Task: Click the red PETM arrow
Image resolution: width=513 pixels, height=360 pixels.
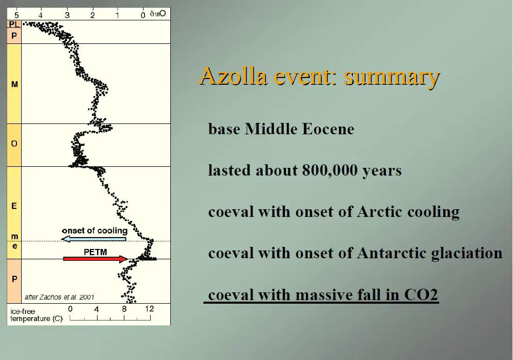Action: point(95,259)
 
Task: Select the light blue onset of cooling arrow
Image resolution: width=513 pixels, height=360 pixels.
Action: point(94,239)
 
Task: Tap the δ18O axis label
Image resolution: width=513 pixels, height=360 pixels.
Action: point(158,14)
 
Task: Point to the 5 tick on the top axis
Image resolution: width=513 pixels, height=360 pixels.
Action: point(17,15)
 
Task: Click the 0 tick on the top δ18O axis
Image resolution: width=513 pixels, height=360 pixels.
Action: point(143,15)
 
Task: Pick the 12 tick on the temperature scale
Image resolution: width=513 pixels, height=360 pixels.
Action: point(150,308)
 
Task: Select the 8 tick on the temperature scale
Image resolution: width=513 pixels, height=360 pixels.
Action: point(124,308)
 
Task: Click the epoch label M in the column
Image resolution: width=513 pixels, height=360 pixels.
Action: point(14,84)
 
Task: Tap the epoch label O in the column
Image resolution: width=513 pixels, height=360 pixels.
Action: point(14,144)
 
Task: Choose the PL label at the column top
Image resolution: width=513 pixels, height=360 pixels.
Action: point(14,24)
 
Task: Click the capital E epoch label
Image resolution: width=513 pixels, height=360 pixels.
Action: point(14,206)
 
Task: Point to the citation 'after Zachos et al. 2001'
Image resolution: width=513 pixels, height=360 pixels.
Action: point(59,297)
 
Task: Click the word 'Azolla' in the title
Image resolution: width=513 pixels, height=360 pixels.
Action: point(233,76)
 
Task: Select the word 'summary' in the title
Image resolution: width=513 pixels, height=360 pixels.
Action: point(392,77)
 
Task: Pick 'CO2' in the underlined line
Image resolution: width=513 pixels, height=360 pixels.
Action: point(421,294)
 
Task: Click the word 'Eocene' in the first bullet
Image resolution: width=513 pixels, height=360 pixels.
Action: point(328,129)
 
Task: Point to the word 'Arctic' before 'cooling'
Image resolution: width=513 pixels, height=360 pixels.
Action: point(380,212)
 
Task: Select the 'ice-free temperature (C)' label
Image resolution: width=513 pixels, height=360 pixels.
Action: point(36,315)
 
